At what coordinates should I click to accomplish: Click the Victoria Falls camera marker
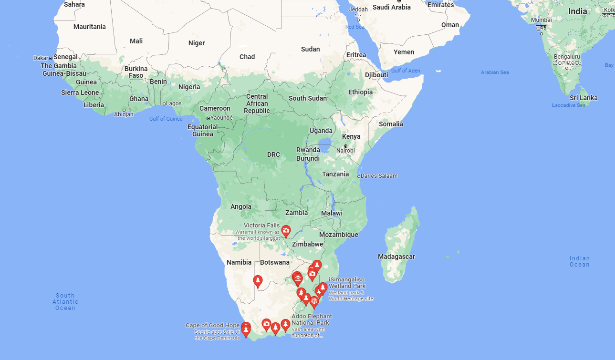286,231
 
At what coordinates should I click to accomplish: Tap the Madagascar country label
396,257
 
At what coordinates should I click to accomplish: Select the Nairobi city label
345,150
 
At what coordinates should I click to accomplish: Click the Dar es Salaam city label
379,175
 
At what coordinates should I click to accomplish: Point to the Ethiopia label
360,92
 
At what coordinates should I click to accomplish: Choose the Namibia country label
239,262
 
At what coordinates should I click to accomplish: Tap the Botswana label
275,262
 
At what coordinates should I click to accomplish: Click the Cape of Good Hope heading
213,325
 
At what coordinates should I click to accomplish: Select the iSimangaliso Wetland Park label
347,283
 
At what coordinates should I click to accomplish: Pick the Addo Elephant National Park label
312,319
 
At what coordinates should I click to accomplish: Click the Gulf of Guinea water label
166,119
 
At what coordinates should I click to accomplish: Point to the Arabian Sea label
495,72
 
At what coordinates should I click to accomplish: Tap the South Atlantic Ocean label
65,301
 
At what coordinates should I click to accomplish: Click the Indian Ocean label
579,261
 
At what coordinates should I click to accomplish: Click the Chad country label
247,57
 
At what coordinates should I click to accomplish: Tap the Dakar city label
41,58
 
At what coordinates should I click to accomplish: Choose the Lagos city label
174,103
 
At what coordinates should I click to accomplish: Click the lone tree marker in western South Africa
258,281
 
